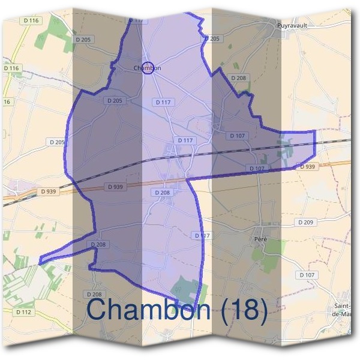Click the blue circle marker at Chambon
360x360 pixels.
(x=148, y=67)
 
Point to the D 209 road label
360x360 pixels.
(x=305, y=223)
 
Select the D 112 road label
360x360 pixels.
(x=23, y=312)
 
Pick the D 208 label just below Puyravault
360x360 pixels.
(x=238, y=79)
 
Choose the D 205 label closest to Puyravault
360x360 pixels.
(x=213, y=38)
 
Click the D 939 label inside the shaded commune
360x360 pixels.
(x=115, y=187)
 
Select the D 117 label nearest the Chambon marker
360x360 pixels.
(x=163, y=103)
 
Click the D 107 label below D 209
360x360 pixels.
(x=306, y=275)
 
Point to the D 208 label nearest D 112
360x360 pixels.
(x=94, y=294)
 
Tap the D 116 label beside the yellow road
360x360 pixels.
(x=11, y=68)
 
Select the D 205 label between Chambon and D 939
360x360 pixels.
(x=113, y=101)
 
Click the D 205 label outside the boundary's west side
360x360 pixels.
(x=56, y=142)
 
